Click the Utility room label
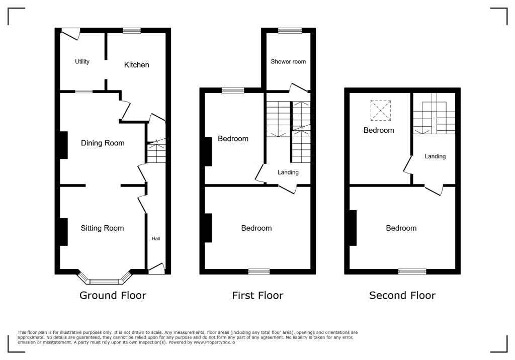pos(82,62)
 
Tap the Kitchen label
pos(137,65)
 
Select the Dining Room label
pos(103,143)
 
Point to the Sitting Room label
pos(102,228)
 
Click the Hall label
pos(156,239)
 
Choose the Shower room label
pos(288,62)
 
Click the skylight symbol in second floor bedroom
pos(380,111)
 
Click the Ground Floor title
pos(113,296)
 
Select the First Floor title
pos(257,296)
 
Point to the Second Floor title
pos(402,296)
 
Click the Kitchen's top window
pos(132,31)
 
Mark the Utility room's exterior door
pos(70,33)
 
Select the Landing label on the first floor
pos(288,172)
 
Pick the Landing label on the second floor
pos(435,156)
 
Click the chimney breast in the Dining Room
pos(64,145)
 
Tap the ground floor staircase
pos(156,152)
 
